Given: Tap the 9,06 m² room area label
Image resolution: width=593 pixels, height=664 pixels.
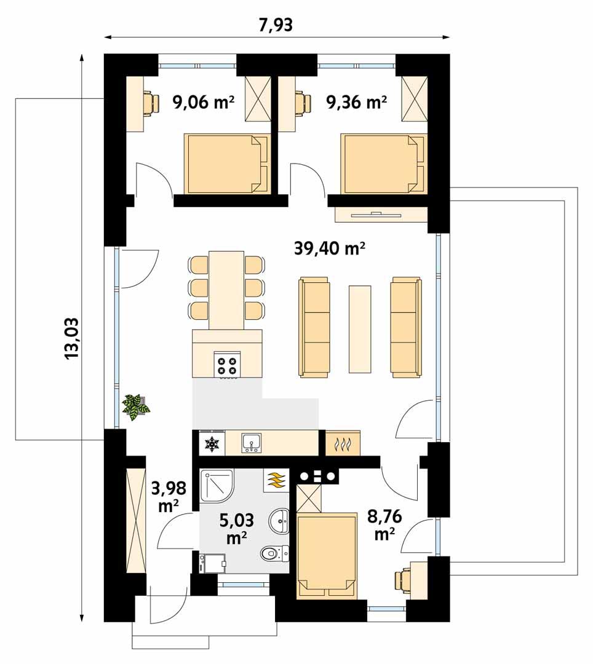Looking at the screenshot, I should (204, 101).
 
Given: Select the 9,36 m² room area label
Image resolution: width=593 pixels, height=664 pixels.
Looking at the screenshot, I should (357, 101).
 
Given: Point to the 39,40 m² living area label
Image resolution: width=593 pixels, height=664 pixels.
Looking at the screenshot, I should (329, 248).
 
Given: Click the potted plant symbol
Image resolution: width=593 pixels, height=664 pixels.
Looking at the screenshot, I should (135, 406).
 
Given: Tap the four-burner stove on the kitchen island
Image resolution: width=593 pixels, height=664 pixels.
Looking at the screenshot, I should (226, 365).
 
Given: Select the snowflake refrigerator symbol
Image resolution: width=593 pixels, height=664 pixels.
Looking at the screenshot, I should (212, 443).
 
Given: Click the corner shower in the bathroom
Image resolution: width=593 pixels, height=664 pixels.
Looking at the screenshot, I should (216, 486).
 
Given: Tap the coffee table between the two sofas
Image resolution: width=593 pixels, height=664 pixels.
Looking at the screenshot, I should (360, 328).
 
